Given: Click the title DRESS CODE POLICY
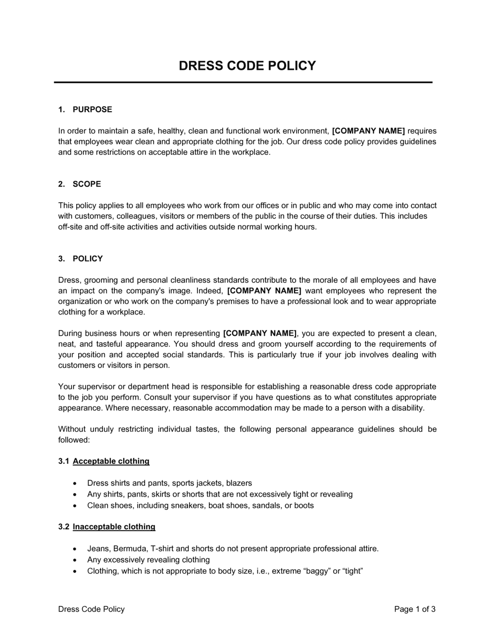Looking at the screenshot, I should coord(247,66).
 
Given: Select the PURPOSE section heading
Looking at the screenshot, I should coord(92,109).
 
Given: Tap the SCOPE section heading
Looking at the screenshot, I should coord(87,184).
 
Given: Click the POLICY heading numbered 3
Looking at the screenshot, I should coord(88,259).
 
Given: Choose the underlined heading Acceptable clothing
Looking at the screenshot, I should coord(111,461).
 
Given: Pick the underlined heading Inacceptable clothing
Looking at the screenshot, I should coord(114,527).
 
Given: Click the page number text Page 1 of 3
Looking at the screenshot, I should coord(415,609).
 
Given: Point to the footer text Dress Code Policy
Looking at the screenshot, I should coord(92,609).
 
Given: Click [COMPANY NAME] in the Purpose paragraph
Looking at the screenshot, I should coord(368,131).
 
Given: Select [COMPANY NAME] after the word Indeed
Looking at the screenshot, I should coord(264,291).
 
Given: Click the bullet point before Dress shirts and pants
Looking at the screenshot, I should coord(75,483).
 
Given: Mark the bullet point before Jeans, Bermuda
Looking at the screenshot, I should coord(75,549).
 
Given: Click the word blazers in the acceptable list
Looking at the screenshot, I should coord(239,483).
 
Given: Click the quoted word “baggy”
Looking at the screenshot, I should coord(315,571).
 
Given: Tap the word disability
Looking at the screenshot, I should coord(406,408).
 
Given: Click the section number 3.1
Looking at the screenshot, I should coord(63,461).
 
